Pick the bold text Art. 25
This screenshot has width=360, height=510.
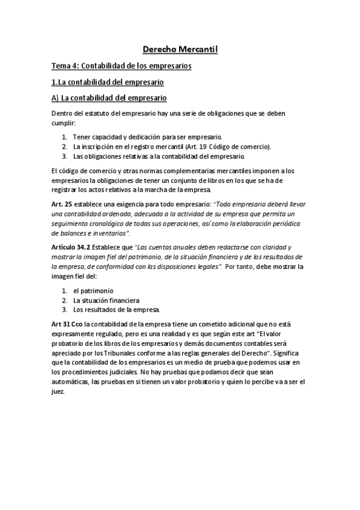click(63, 204)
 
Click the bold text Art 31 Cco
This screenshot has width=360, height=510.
click(67, 324)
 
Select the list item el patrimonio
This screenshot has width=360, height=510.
click(93, 290)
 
